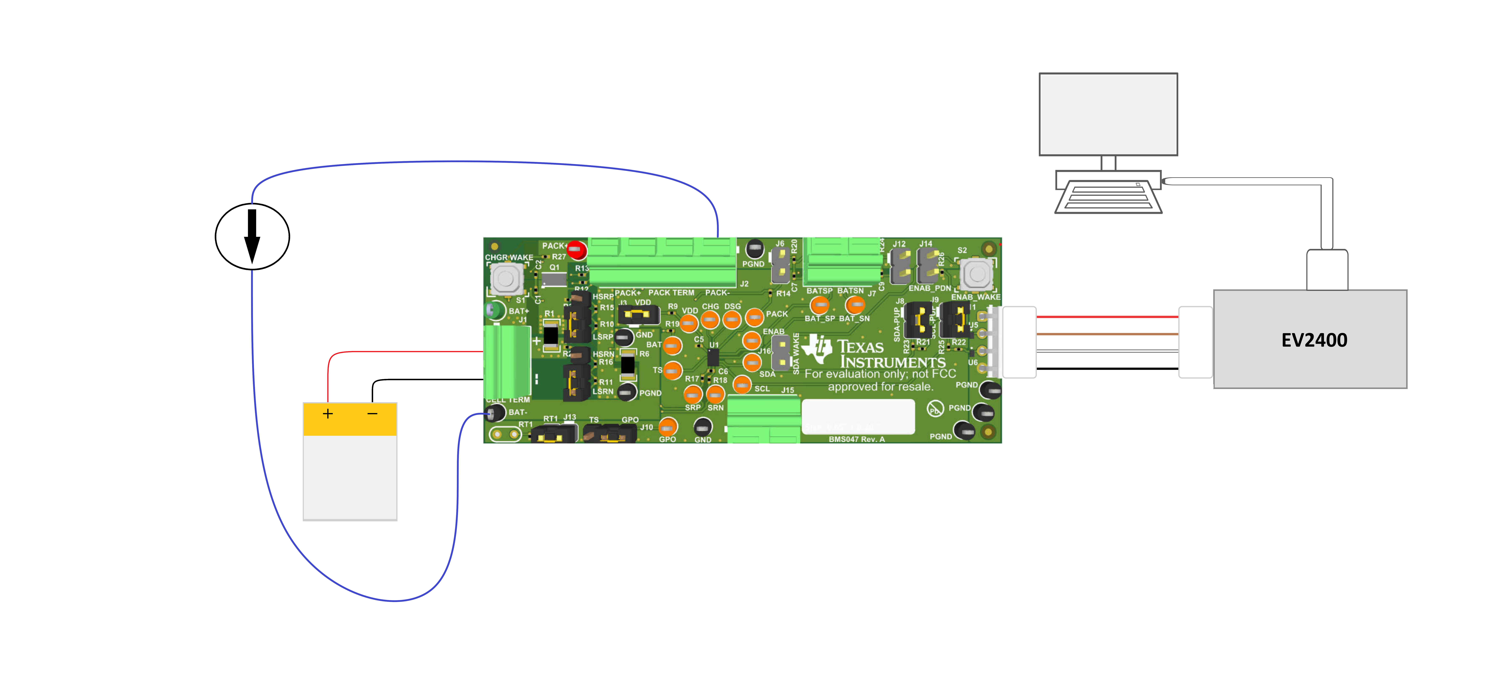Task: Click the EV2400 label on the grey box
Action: click(1314, 340)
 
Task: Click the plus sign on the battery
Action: click(327, 414)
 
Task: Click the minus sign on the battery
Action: click(372, 414)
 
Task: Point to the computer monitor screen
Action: click(1107, 114)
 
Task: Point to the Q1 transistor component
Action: click(554, 279)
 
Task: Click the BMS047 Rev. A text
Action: click(856, 439)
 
